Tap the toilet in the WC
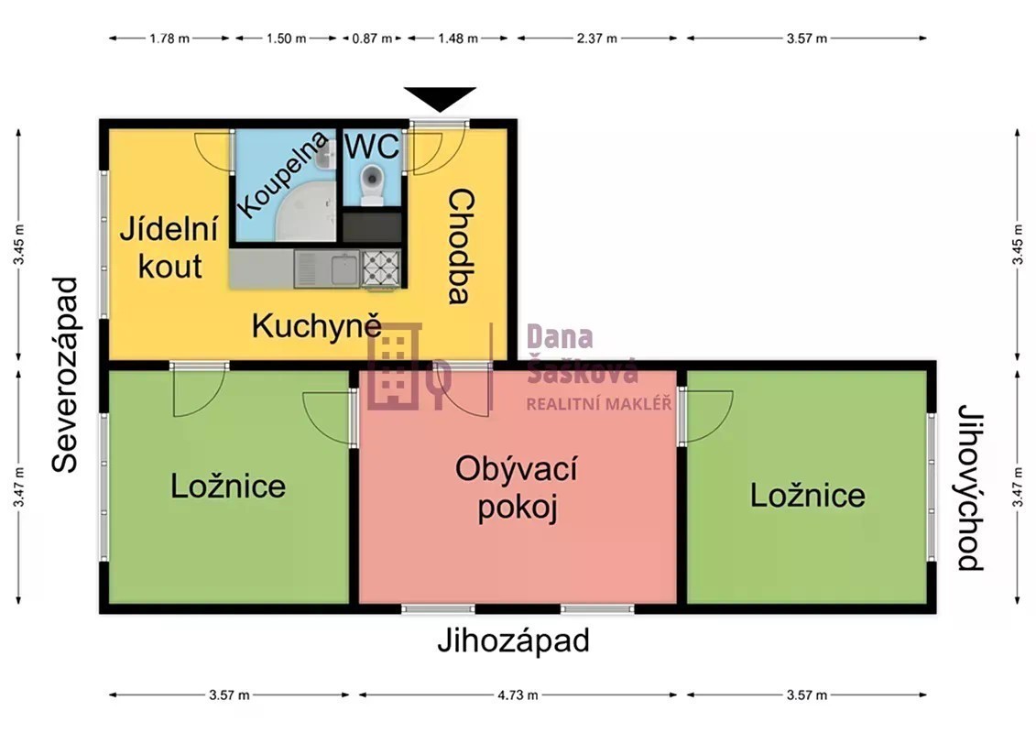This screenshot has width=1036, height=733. (373, 184)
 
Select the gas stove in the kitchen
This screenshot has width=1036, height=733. (381, 268)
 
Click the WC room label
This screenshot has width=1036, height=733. (372, 146)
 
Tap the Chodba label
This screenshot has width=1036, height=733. (461, 246)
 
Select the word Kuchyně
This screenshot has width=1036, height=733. (317, 326)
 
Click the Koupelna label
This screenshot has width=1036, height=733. (282, 174)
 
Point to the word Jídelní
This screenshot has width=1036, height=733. (169, 229)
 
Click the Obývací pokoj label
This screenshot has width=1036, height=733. (517, 487)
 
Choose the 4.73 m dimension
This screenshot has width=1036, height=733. (518, 695)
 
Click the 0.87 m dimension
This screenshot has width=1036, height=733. (372, 38)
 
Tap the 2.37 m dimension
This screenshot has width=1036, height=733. (596, 38)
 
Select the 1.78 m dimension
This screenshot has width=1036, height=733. (169, 38)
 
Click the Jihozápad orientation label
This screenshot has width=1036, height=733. (513, 640)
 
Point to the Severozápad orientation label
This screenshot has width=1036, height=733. (65, 375)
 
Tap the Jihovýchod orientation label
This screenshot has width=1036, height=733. (971, 487)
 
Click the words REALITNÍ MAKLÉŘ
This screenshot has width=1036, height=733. (598, 403)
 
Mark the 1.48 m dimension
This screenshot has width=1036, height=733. (458, 38)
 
